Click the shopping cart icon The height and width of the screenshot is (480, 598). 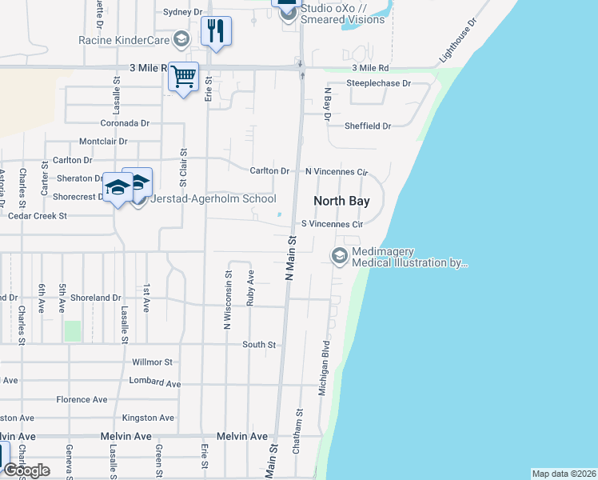(x=184, y=78)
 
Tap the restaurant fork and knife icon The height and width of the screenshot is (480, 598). (x=216, y=31)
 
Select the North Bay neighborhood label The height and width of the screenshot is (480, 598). (x=341, y=201)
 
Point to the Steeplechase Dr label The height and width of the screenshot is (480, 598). (x=378, y=83)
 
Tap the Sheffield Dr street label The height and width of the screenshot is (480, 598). (x=368, y=126)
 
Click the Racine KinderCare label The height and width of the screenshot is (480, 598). (x=124, y=39)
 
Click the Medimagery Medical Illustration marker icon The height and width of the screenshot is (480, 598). (x=339, y=256)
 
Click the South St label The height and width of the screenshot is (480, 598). (x=259, y=345)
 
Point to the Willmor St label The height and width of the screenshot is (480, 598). (x=152, y=362)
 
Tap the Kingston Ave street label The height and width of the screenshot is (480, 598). (x=148, y=418)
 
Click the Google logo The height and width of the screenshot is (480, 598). (x=26, y=470)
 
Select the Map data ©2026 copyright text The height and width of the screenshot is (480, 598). (x=564, y=474)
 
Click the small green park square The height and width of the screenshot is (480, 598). (x=73, y=331)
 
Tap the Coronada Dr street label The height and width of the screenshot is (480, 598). (x=125, y=123)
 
